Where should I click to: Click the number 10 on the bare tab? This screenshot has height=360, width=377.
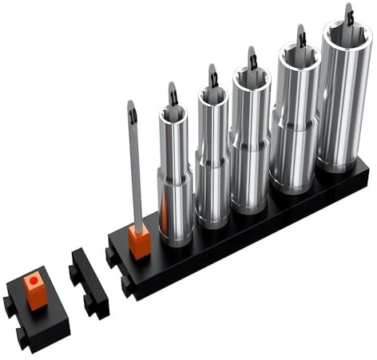tap(132, 117)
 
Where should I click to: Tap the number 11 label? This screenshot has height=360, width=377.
tap(173, 98)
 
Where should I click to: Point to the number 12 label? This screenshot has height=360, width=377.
tap(213, 79)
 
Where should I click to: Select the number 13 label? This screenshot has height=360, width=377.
tap(252, 60)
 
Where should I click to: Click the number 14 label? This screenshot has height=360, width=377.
tap(301, 38)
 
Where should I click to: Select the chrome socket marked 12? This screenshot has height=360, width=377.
tap(212, 160)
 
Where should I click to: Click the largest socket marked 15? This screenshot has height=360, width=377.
tap(344, 104)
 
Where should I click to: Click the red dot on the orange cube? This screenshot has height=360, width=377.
tap(34, 280)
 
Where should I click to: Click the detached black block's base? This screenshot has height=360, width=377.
tap(40, 315)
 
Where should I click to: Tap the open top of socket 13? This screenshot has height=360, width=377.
tap(252, 77)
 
